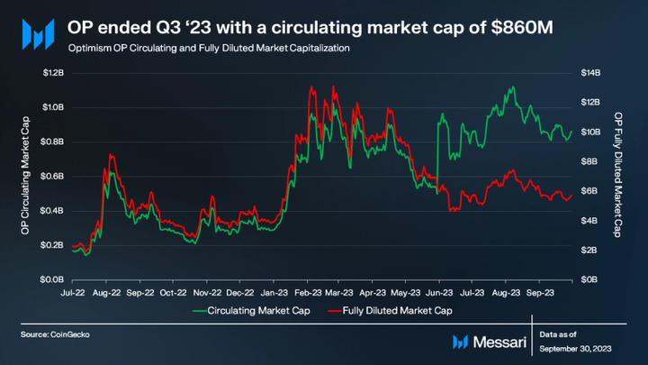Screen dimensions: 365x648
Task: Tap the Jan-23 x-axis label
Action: pyautogui.click(x=274, y=293)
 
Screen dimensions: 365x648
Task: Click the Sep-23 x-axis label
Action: pyautogui.click(x=540, y=293)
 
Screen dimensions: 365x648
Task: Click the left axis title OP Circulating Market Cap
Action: pyautogui.click(x=25, y=176)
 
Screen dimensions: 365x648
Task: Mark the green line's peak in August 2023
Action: pyautogui.click(x=512, y=87)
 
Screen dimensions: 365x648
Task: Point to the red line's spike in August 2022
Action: pyautogui.click(x=111, y=155)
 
